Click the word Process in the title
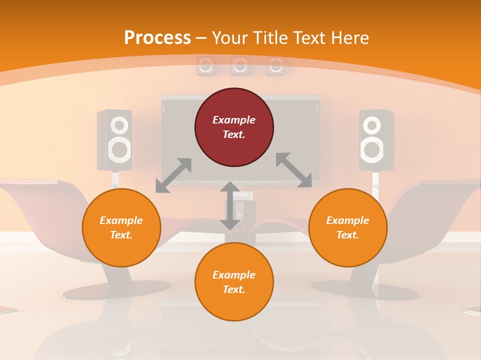tap(157, 37)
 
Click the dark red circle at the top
tap(234, 127)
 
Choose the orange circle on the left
tap(121, 227)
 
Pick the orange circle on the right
tap(347, 227)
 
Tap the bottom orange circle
tap(234, 282)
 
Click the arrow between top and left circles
tap(173, 175)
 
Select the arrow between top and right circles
tap(294, 170)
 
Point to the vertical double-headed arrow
tap(230, 205)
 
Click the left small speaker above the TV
tap(205, 65)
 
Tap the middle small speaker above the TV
tap(240, 65)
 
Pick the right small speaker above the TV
tap(275, 65)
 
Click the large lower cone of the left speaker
tap(119, 149)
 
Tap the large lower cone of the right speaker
tap(371, 149)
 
